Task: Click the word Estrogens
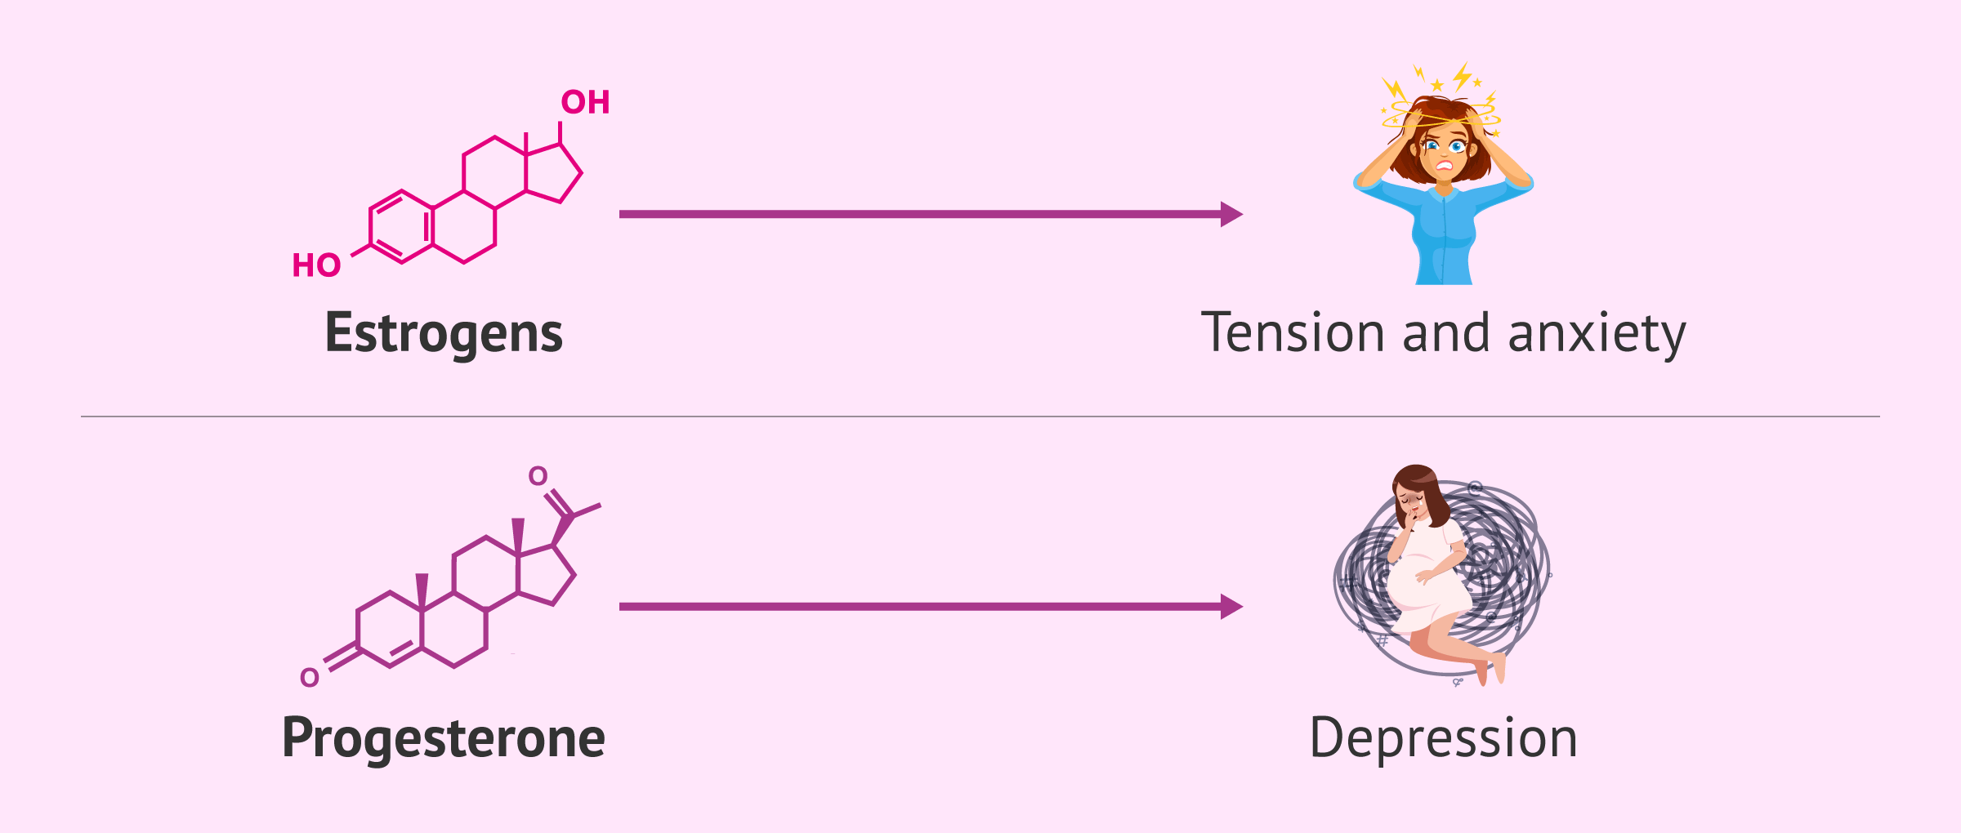coord(444,333)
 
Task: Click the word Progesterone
coord(443,737)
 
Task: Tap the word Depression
coord(1443,737)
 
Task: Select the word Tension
coord(1293,333)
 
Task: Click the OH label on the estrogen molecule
coord(585,103)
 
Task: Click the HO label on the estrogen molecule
coord(316,265)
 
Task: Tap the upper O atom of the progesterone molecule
coord(538,476)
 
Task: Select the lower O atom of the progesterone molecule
coord(310,678)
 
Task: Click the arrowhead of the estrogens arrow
coord(1231,214)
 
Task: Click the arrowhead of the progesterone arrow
coord(1231,607)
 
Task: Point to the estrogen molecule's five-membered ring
coord(552,174)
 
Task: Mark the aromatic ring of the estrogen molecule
coord(400,227)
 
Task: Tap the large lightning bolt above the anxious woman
coord(1462,75)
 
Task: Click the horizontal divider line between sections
coord(981,416)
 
